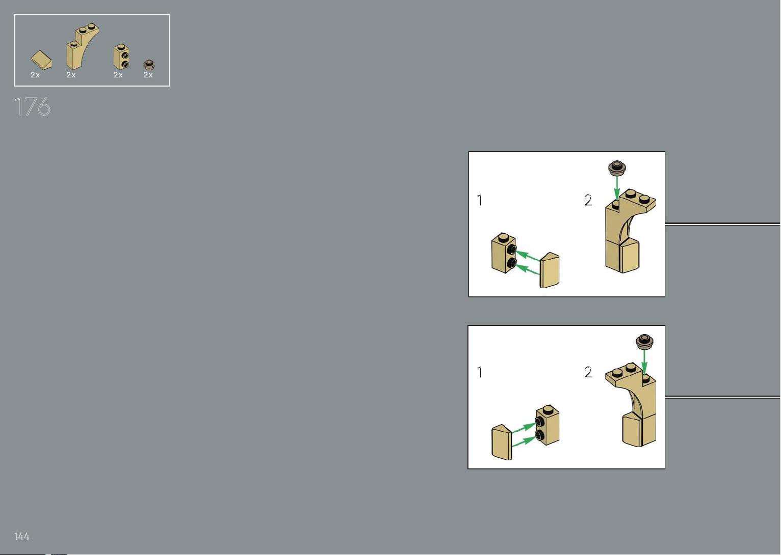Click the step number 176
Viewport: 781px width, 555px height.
point(33,106)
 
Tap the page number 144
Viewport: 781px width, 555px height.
point(21,536)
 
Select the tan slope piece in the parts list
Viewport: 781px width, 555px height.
point(41,60)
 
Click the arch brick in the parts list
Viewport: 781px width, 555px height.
point(82,46)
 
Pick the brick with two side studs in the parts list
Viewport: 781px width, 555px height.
point(121,57)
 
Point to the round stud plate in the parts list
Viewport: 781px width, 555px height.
point(149,65)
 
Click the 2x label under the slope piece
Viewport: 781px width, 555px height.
point(35,75)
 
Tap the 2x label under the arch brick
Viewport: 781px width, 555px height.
point(71,75)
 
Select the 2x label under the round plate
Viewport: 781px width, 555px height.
point(148,75)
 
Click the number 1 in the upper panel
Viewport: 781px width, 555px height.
point(480,200)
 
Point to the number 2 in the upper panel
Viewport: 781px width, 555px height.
point(588,200)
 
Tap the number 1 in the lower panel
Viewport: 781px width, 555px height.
point(480,372)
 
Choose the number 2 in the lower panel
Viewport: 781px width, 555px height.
point(588,372)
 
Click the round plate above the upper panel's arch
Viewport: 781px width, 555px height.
point(617,168)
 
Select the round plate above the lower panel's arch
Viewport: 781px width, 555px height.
point(644,341)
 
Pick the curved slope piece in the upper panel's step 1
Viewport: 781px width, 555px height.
point(550,270)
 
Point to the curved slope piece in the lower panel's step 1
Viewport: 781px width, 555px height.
point(502,442)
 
